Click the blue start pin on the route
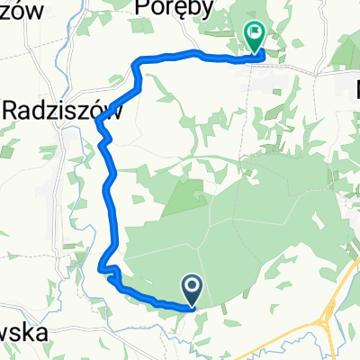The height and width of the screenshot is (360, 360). (x=194, y=289)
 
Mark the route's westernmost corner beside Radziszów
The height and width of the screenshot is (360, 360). (x=97, y=123)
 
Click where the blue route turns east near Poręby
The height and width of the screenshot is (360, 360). (x=137, y=63)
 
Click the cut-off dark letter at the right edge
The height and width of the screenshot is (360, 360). (x=355, y=89)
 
